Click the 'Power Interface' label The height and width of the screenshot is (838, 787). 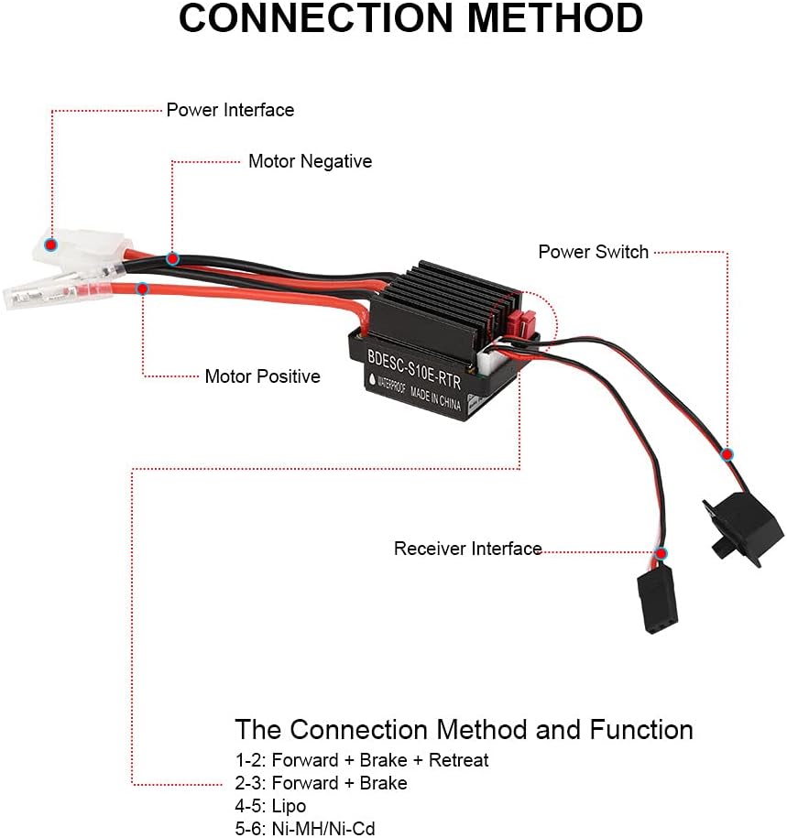coord(230,110)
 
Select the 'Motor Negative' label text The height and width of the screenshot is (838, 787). coord(310,161)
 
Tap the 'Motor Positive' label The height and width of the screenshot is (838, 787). coord(262,376)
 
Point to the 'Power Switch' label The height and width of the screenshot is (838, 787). coord(593,252)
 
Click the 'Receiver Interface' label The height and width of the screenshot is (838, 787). coord(467,549)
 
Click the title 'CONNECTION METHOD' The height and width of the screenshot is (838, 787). coord(410,20)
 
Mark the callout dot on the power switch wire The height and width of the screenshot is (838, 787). coord(727,454)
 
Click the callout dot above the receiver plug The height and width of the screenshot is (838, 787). coord(661,554)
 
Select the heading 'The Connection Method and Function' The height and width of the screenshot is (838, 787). coord(464,730)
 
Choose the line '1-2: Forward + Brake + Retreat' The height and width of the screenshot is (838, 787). coord(362,760)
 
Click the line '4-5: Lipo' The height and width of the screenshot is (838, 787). coord(270,806)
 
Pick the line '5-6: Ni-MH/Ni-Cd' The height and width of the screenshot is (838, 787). coord(305,829)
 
